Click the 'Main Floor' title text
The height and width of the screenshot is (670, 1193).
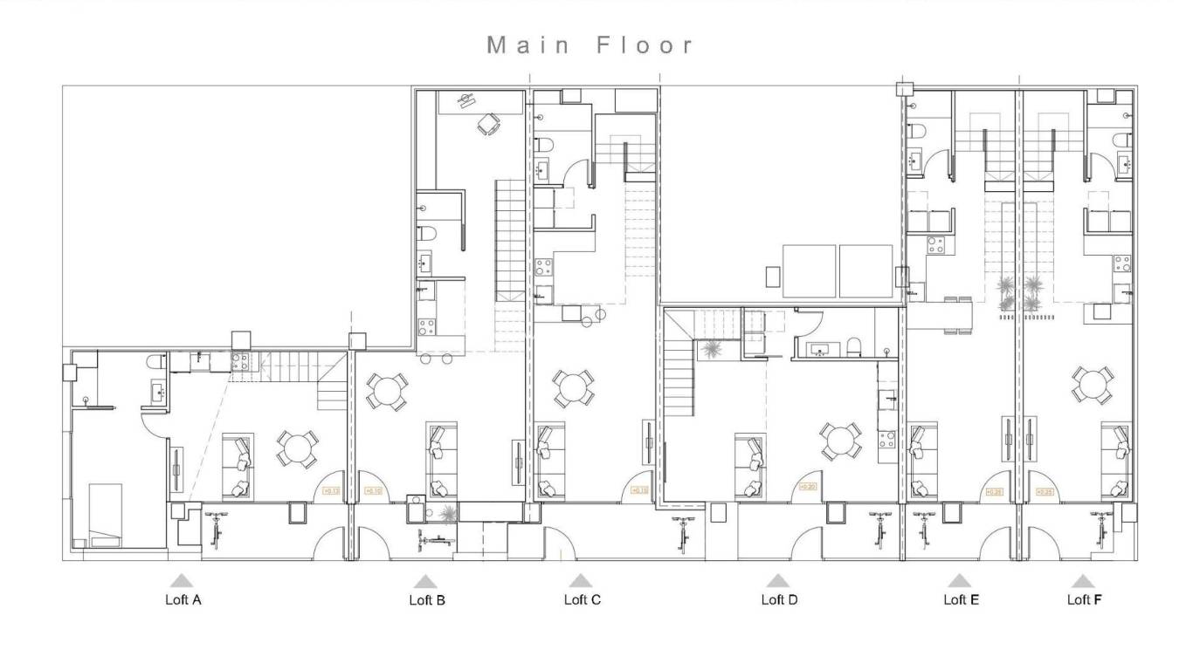point(590,45)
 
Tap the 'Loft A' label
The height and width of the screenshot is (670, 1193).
point(183,599)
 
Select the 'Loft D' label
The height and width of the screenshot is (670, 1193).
point(779,599)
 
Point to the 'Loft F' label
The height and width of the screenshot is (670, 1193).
point(1084,599)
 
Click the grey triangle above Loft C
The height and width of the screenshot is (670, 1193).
point(580,580)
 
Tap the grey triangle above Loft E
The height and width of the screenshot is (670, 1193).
point(959,580)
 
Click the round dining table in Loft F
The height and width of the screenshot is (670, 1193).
point(1093,385)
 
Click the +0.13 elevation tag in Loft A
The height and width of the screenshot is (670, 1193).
point(331,491)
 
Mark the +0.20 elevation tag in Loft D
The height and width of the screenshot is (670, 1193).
point(807,487)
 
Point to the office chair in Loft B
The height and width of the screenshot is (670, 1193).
point(488,125)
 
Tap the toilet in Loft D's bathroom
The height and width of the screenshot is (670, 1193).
point(856,347)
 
